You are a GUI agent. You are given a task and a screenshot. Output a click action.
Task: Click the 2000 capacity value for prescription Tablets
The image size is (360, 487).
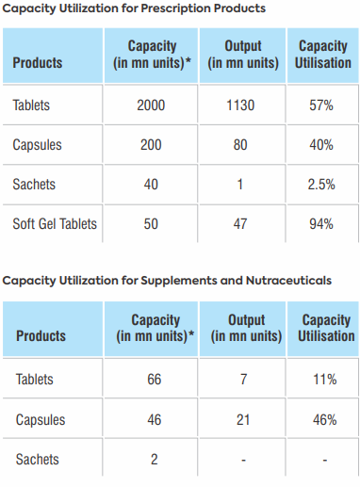(x=151, y=105)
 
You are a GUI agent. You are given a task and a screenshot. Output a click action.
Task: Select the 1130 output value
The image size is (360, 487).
(x=240, y=105)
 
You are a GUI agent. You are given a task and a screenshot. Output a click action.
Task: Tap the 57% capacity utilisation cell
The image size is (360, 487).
(x=321, y=105)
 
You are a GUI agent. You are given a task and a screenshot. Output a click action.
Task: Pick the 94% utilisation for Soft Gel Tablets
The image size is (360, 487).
(x=321, y=224)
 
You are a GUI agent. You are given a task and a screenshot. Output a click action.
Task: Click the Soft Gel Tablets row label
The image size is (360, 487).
(x=55, y=224)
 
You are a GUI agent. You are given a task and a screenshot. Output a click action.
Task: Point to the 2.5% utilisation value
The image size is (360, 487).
(x=321, y=185)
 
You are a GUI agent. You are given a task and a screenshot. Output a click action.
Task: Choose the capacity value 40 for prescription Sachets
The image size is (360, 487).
(x=151, y=185)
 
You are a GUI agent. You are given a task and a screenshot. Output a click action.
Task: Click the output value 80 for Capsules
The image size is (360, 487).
(x=240, y=145)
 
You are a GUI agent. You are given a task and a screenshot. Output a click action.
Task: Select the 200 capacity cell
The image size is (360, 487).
(x=151, y=145)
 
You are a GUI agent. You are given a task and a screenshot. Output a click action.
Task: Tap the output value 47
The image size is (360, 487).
(x=240, y=224)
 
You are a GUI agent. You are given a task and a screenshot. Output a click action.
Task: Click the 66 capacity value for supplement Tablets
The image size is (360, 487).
(x=155, y=380)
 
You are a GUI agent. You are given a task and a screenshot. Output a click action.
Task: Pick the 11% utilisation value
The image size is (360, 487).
(x=325, y=380)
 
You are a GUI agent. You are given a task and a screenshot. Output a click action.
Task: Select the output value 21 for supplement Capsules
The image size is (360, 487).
(x=243, y=420)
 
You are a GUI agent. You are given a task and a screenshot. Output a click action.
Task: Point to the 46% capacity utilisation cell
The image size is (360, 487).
(x=325, y=420)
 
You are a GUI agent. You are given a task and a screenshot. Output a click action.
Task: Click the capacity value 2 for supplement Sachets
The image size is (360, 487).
(x=155, y=460)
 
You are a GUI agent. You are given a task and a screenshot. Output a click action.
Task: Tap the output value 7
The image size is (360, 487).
(x=243, y=380)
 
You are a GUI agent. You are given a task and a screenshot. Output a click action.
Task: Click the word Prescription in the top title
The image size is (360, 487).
(x=176, y=8)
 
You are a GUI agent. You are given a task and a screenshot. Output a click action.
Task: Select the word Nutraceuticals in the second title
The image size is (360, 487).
(x=288, y=280)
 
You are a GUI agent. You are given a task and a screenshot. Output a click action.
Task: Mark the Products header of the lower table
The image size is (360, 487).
(x=41, y=335)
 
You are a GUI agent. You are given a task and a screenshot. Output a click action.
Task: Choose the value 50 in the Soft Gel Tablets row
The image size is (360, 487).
(x=151, y=224)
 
